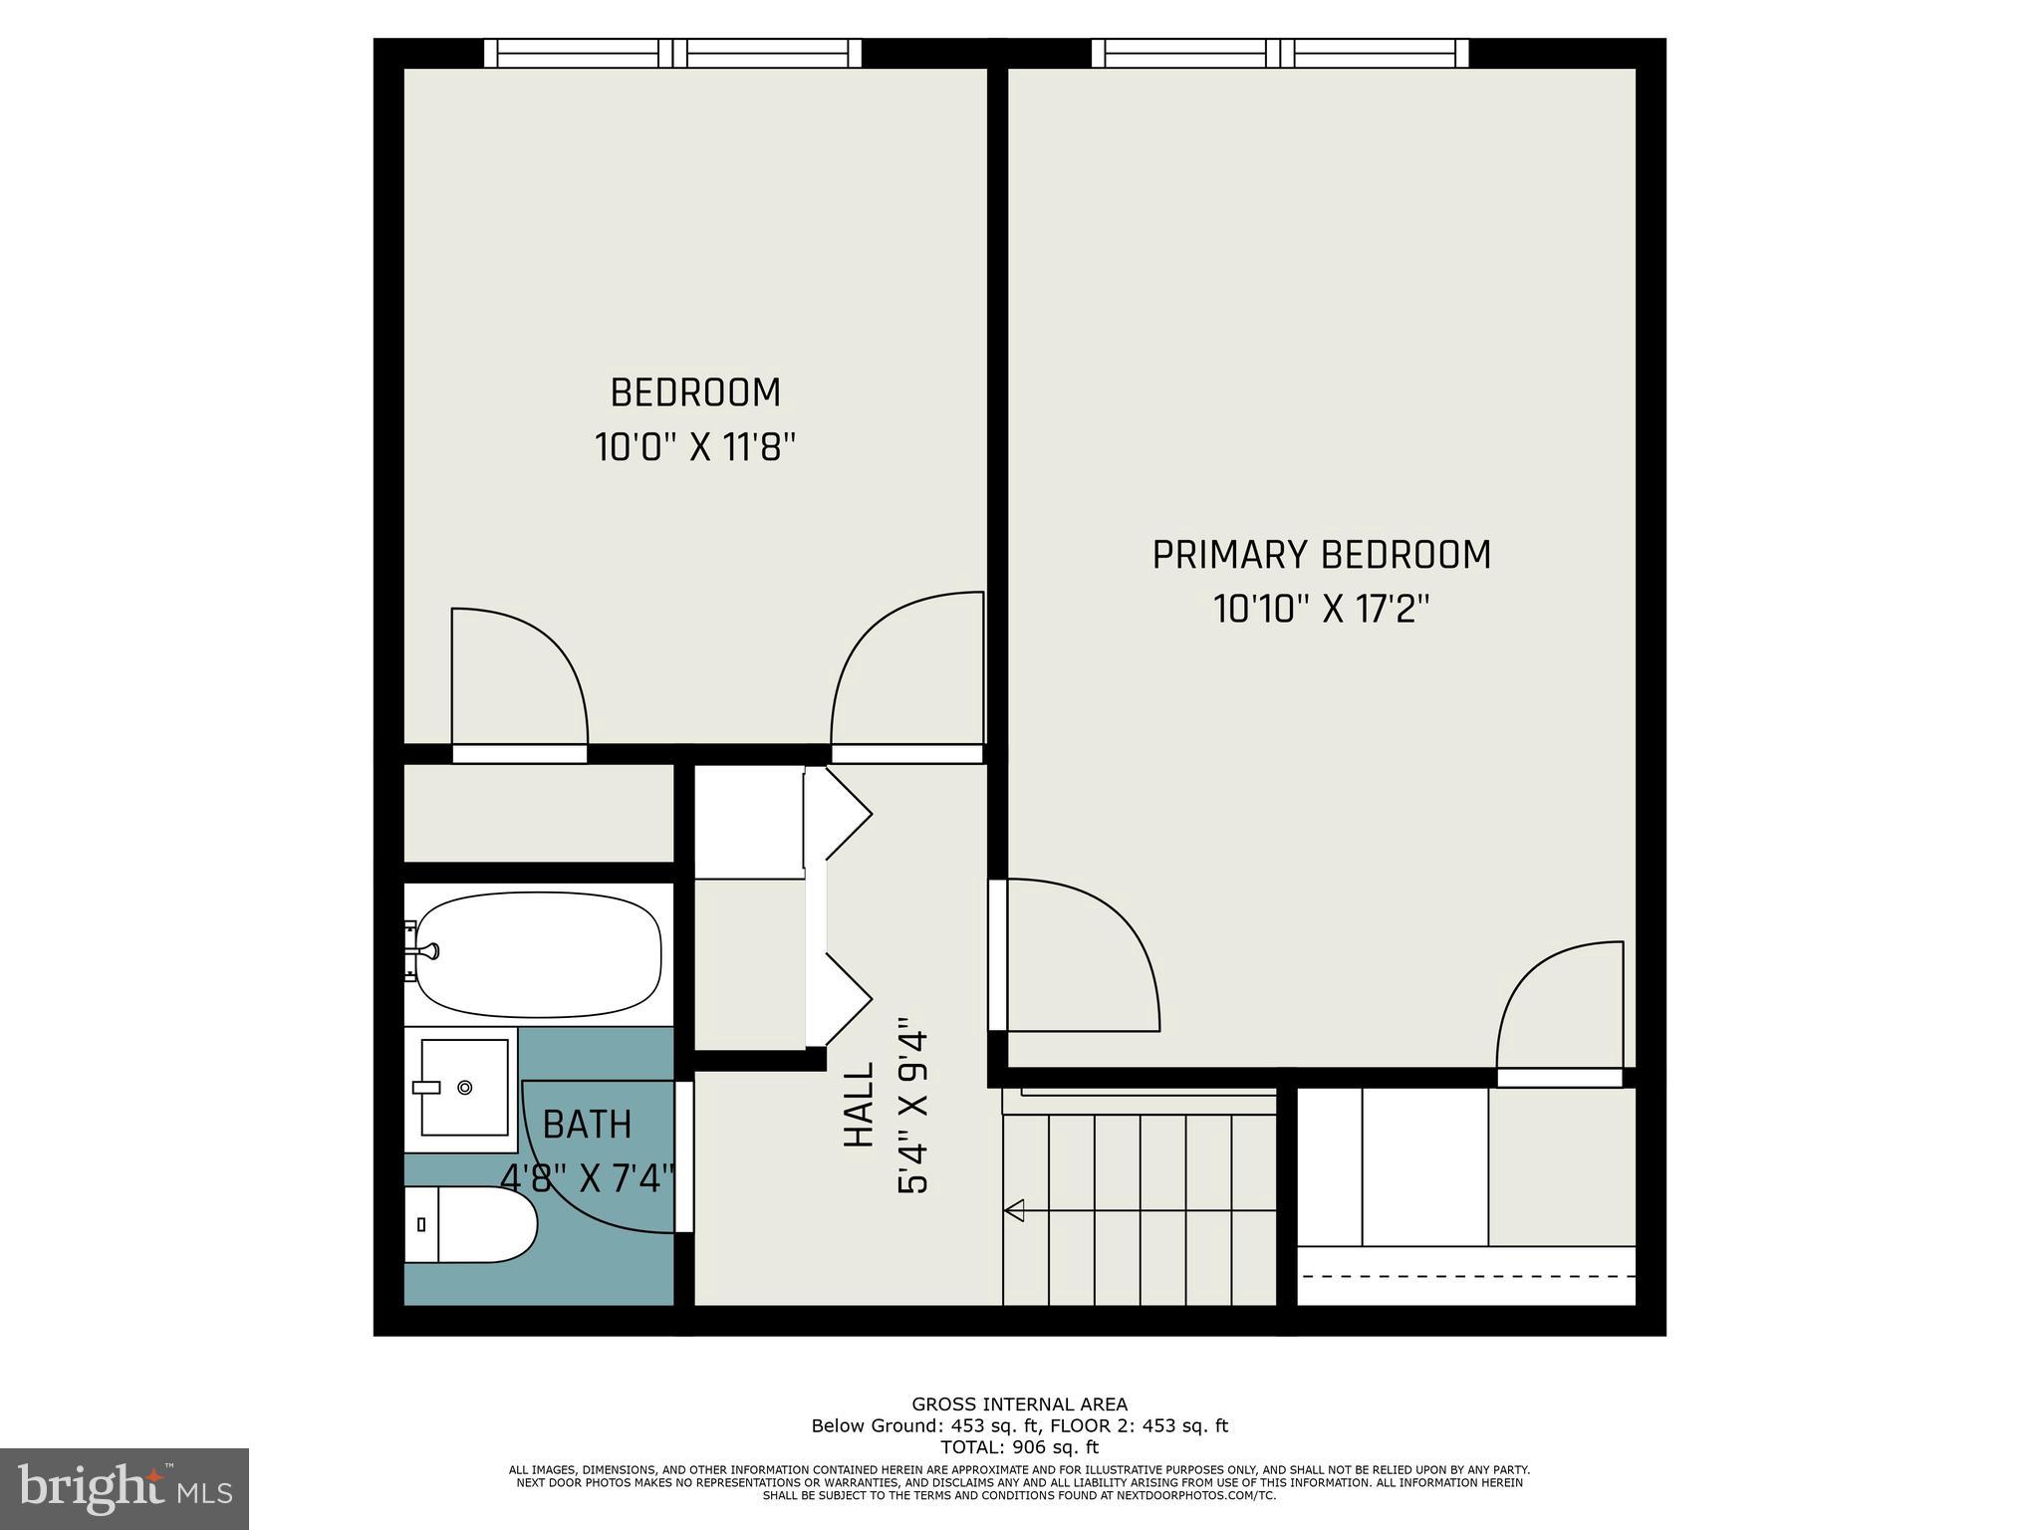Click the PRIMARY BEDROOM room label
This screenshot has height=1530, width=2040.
pos(1321,555)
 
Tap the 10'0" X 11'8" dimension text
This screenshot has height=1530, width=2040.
pos(695,447)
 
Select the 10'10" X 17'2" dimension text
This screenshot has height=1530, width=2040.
pos(1321,609)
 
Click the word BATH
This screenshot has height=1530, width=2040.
pos(587,1125)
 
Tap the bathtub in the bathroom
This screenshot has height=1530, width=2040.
pos(538,954)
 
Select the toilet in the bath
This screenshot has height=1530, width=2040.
pos(470,1224)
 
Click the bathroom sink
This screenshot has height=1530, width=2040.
pos(464,1087)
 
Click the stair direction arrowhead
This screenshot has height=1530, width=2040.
pos(1015,1210)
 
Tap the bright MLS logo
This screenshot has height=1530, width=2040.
pos(125,1488)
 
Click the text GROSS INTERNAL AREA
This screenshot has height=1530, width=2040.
pos(1020,1404)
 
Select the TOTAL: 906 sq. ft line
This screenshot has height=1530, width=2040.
pos(1020,1447)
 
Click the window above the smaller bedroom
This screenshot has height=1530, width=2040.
pos(672,53)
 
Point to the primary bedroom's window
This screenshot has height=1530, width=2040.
pos(1280,53)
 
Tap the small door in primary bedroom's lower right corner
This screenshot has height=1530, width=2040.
pos(1560,1006)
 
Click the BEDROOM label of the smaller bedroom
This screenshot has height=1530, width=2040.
pos(695,392)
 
